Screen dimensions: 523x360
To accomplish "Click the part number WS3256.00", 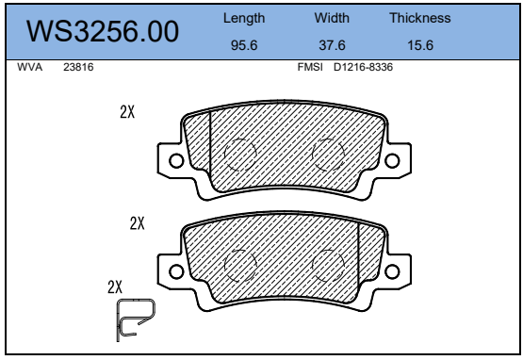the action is tap(103, 31).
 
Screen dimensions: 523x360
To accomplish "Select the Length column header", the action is tap(244, 18).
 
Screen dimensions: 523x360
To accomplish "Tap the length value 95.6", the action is tap(244, 45).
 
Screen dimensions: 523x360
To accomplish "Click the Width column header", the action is tap(332, 18).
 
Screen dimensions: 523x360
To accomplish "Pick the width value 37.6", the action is tap(332, 45).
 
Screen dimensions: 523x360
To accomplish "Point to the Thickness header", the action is tap(420, 18).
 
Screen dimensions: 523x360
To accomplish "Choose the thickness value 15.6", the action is tap(420, 45).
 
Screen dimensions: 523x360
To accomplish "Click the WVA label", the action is tap(30, 67).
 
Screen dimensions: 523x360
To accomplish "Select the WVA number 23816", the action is tap(78, 67).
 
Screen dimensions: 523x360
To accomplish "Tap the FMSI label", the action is tap(310, 67).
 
